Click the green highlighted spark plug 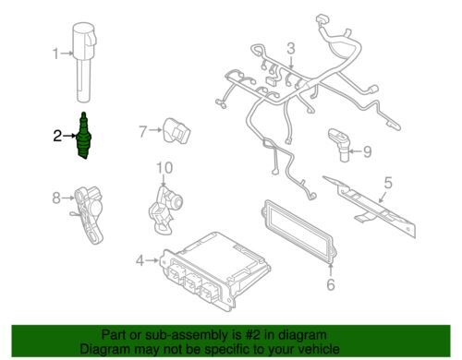click(84, 136)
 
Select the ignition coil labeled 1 click(84, 62)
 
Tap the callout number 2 click(57, 136)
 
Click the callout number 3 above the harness click(291, 49)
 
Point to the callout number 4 click(140, 261)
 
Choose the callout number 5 click(388, 183)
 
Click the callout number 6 click(331, 284)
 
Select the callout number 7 click(142, 131)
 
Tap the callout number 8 click(56, 198)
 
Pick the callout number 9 click(368, 151)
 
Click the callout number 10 click(164, 168)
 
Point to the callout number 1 click(55, 54)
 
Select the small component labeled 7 click(176, 130)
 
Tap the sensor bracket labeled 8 click(88, 214)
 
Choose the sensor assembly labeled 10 click(165, 208)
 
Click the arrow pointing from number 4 click(152, 261)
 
